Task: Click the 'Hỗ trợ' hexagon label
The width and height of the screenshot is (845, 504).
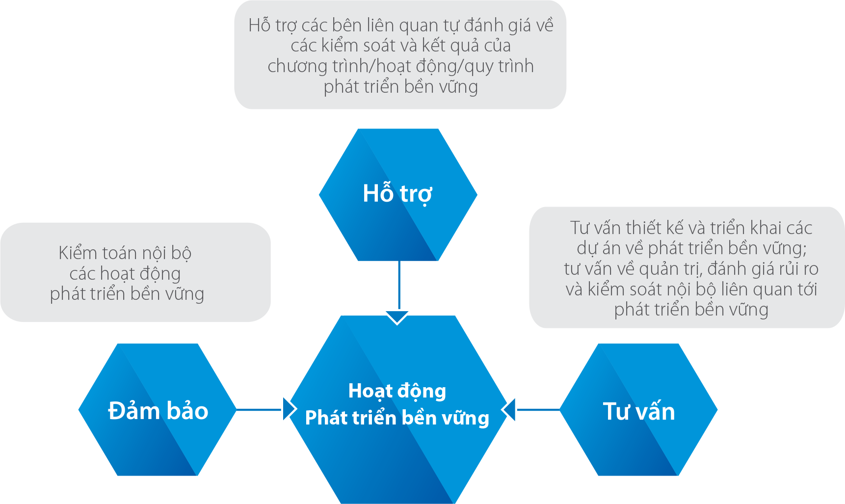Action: (397, 194)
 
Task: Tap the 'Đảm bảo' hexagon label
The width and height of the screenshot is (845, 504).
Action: (158, 411)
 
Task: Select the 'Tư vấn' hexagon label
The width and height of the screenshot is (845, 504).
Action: (639, 411)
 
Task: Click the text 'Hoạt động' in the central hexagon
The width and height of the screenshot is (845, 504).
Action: (397, 391)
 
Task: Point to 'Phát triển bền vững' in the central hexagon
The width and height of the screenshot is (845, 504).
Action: (397, 418)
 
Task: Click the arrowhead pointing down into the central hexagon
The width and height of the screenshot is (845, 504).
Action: (397, 318)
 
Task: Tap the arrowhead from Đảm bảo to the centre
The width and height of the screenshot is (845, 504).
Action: (290, 409)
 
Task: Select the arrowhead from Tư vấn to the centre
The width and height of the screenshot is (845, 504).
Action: (508, 409)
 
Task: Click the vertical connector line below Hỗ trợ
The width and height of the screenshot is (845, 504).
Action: (399, 286)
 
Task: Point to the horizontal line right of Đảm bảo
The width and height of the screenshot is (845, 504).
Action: (259, 409)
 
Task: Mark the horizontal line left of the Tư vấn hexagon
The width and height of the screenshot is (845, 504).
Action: (538, 409)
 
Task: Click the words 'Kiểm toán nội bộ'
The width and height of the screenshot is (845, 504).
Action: (125, 253)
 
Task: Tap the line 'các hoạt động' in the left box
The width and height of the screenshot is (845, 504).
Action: (125, 273)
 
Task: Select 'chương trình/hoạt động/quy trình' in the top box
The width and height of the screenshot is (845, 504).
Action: (400, 66)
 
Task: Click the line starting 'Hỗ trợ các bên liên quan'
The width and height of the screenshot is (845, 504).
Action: (401, 25)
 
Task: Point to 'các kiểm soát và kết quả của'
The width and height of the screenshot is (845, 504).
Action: (400, 46)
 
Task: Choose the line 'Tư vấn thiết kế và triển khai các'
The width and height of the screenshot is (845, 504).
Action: (691, 228)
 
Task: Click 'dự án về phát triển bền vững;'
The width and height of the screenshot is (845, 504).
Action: (691, 248)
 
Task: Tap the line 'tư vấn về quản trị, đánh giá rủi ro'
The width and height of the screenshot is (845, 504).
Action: (691, 269)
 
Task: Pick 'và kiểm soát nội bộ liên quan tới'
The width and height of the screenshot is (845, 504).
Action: (691, 290)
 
